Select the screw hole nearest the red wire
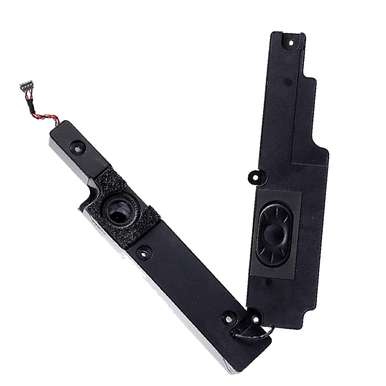point(78,146)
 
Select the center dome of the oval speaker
point(272,233)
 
